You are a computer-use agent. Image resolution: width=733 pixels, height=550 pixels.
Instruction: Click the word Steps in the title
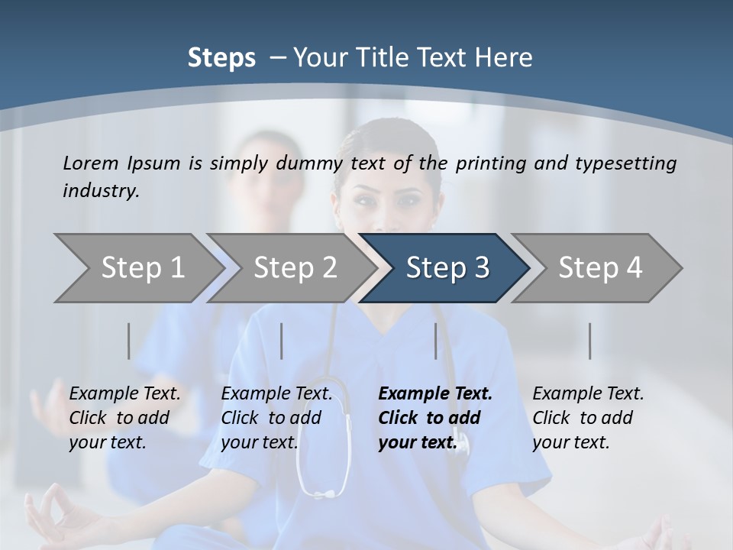coord(221,58)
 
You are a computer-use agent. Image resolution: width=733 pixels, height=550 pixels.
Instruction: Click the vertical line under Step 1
coord(128,341)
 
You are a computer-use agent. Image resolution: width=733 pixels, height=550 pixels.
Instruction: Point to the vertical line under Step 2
coord(282,341)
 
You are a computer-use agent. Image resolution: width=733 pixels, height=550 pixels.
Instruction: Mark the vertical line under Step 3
coord(435,341)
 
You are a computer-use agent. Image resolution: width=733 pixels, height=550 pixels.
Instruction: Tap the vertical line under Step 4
coord(589,341)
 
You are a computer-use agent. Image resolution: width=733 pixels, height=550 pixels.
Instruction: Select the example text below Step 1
coord(124,418)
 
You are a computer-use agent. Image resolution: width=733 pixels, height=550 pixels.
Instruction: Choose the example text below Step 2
coord(276,418)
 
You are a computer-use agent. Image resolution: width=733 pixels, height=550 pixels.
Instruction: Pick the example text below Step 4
coord(588,418)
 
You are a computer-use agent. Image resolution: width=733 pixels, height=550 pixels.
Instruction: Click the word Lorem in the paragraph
coord(91,163)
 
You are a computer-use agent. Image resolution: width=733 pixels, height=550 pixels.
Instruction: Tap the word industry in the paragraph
coord(101,191)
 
